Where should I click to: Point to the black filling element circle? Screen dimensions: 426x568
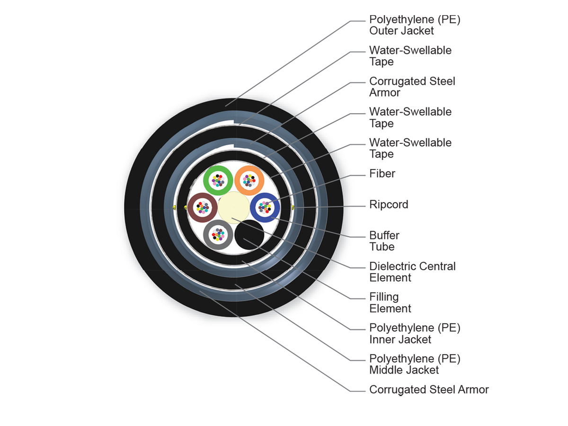(249, 236)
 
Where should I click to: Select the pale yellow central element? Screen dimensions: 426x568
(234, 208)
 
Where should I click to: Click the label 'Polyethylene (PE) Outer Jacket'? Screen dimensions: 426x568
(415, 25)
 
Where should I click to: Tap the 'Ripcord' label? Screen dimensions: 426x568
(389, 204)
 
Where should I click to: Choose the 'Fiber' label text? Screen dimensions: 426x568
(382, 174)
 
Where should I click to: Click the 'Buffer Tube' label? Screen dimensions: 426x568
(384, 241)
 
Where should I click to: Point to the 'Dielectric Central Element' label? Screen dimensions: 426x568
(412, 272)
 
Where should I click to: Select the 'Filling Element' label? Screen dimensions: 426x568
(390, 302)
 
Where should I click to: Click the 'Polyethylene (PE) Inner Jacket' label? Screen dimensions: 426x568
(415, 333)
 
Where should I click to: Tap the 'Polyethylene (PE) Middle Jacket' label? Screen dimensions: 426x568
(415, 364)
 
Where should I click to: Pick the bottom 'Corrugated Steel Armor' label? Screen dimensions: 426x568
(429, 390)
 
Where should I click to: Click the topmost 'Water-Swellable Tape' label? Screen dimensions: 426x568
(410, 56)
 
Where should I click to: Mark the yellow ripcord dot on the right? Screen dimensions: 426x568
(293, 207)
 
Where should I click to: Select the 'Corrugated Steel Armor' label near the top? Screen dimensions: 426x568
(412, 87)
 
